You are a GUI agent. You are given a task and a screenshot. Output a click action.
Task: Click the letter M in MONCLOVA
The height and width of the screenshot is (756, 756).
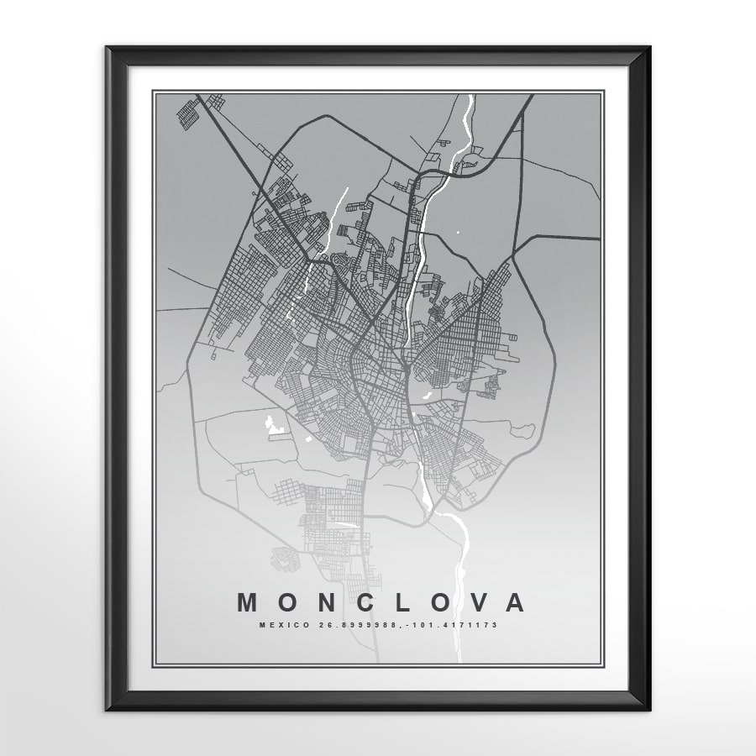coord(248,602)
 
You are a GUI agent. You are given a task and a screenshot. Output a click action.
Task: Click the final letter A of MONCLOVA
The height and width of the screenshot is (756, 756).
coord(516,602)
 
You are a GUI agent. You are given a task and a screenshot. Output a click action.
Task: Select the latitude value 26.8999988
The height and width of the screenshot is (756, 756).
coord(344,625)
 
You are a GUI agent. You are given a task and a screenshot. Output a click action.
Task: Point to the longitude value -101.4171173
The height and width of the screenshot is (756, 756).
coord(451,625)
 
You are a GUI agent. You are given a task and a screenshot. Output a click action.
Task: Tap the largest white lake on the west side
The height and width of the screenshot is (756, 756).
coord(271,425)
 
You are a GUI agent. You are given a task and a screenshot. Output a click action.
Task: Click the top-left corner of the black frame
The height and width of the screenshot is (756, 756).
coord(108,49)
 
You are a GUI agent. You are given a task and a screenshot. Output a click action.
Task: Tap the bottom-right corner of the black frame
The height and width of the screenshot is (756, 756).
coord(648,709)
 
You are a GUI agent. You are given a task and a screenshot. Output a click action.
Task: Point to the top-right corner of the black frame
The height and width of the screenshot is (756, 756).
coord(648,49)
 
